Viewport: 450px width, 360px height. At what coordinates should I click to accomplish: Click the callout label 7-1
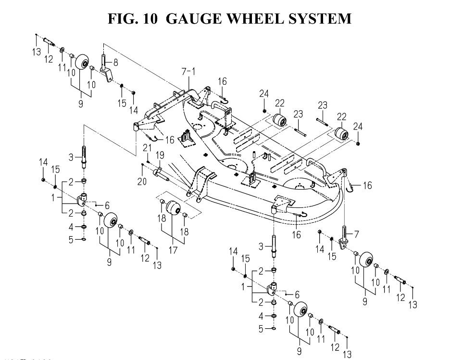(x=188, y=72)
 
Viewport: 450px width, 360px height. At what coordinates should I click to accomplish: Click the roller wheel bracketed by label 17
(x=173, y=210)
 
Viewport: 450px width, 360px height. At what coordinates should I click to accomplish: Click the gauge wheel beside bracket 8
(x=81, y=62)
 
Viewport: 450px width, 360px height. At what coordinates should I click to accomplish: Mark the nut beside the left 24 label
(x=265, y=111)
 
